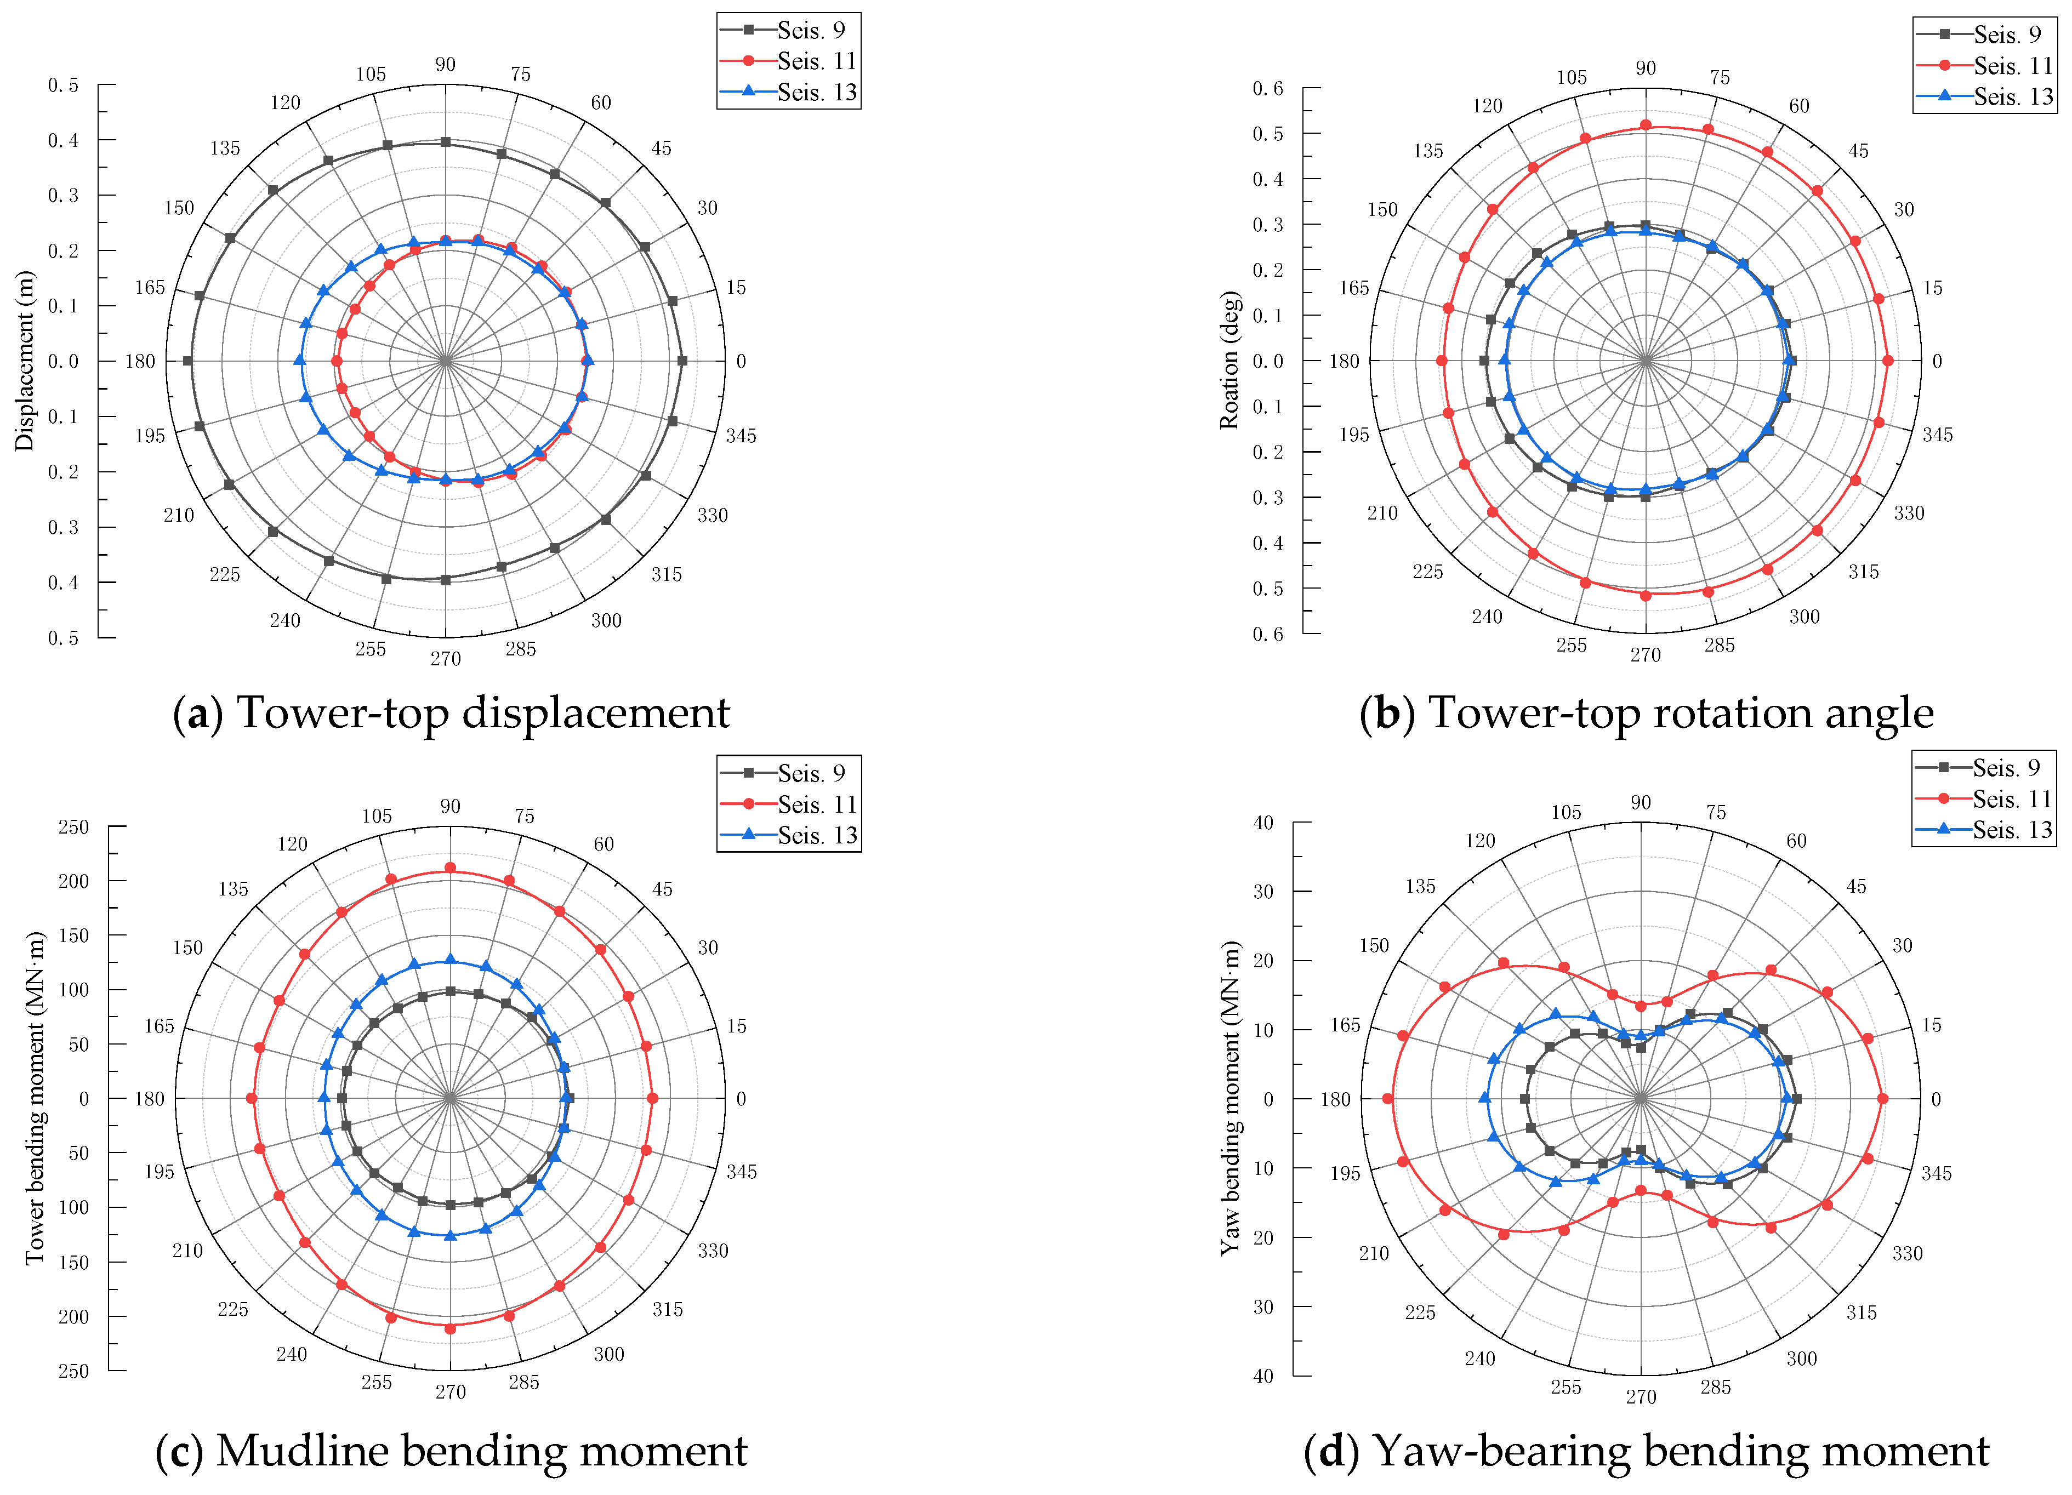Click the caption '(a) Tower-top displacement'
coord(451,712)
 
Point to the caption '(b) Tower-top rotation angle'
coord(1646,712)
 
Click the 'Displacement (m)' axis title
coord(25,361)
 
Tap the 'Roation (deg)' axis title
coord(1229,361)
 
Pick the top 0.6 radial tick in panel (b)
coord(1267,89)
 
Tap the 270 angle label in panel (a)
coord(446,659)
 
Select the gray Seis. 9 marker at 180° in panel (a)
coord(188,361)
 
